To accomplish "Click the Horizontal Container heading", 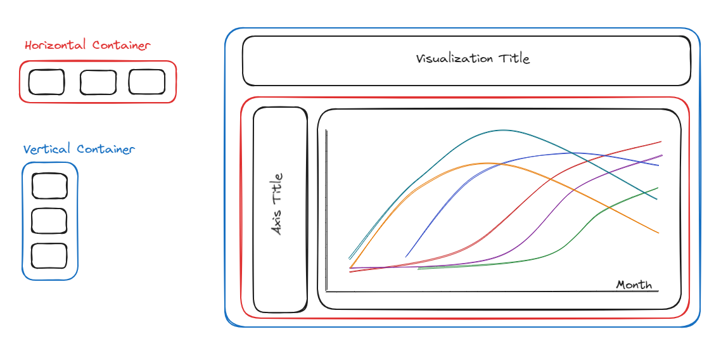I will tap(87, 46).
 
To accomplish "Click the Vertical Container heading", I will tap(79, 150).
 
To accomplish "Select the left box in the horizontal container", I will tap(46, 82).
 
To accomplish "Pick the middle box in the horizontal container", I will tap(98, 82).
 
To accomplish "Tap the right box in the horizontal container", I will tap(147, 82).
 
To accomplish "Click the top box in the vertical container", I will tap(49, 186).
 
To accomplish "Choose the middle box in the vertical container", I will tap(49, 221).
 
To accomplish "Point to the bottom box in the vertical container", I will tap(49, 255).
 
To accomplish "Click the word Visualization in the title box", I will tap(454, 59).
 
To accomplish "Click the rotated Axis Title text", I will tap(278, 204).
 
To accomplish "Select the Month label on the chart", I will tap(634, 285).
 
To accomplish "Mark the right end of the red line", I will tap(661, 141).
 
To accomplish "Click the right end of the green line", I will tap(658, 188).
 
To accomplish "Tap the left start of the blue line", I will tap(406, 257).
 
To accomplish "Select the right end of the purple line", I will tap(661, 155).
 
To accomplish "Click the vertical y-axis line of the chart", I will tap(326, 209).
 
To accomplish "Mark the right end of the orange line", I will tap(658, 233).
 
